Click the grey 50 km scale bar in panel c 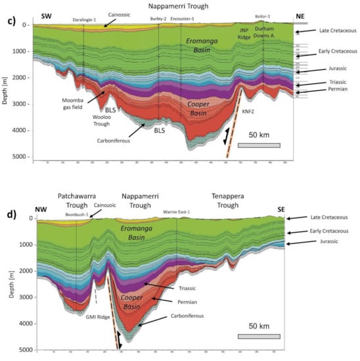point(259,145)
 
